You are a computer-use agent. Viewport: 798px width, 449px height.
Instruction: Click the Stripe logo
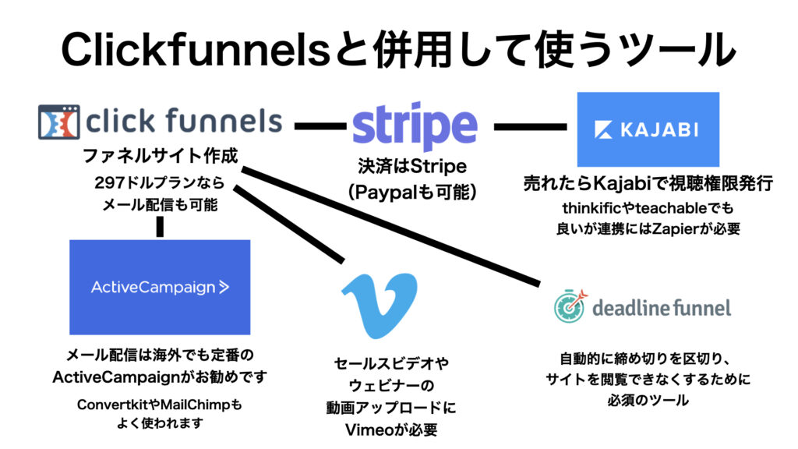(415, 126)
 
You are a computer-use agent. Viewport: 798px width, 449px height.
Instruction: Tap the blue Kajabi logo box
(648, 129)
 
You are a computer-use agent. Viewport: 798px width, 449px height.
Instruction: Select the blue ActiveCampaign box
(160, 287)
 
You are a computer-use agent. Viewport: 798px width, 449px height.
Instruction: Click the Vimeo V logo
(380, 305)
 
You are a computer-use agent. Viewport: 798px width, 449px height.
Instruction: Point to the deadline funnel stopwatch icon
(570, 306)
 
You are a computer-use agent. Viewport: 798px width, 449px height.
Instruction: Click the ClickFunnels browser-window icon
(59, 122)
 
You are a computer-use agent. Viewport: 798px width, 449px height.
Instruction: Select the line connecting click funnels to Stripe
(320, 126)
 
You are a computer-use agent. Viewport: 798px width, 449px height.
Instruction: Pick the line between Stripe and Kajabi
(530, 126)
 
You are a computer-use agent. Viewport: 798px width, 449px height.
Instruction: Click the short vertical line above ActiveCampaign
(160, 227)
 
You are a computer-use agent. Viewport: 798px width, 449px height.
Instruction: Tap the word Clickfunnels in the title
(196, 50)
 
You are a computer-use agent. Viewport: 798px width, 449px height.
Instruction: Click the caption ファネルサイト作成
(161, 156)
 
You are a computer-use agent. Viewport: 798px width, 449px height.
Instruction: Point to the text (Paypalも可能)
(412, 192)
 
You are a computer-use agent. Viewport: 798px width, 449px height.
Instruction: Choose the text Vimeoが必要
(391, 430)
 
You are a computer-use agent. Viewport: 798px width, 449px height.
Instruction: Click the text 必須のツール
(648, 400)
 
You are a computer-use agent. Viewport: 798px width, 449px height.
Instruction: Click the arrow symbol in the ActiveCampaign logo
(224, 287)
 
